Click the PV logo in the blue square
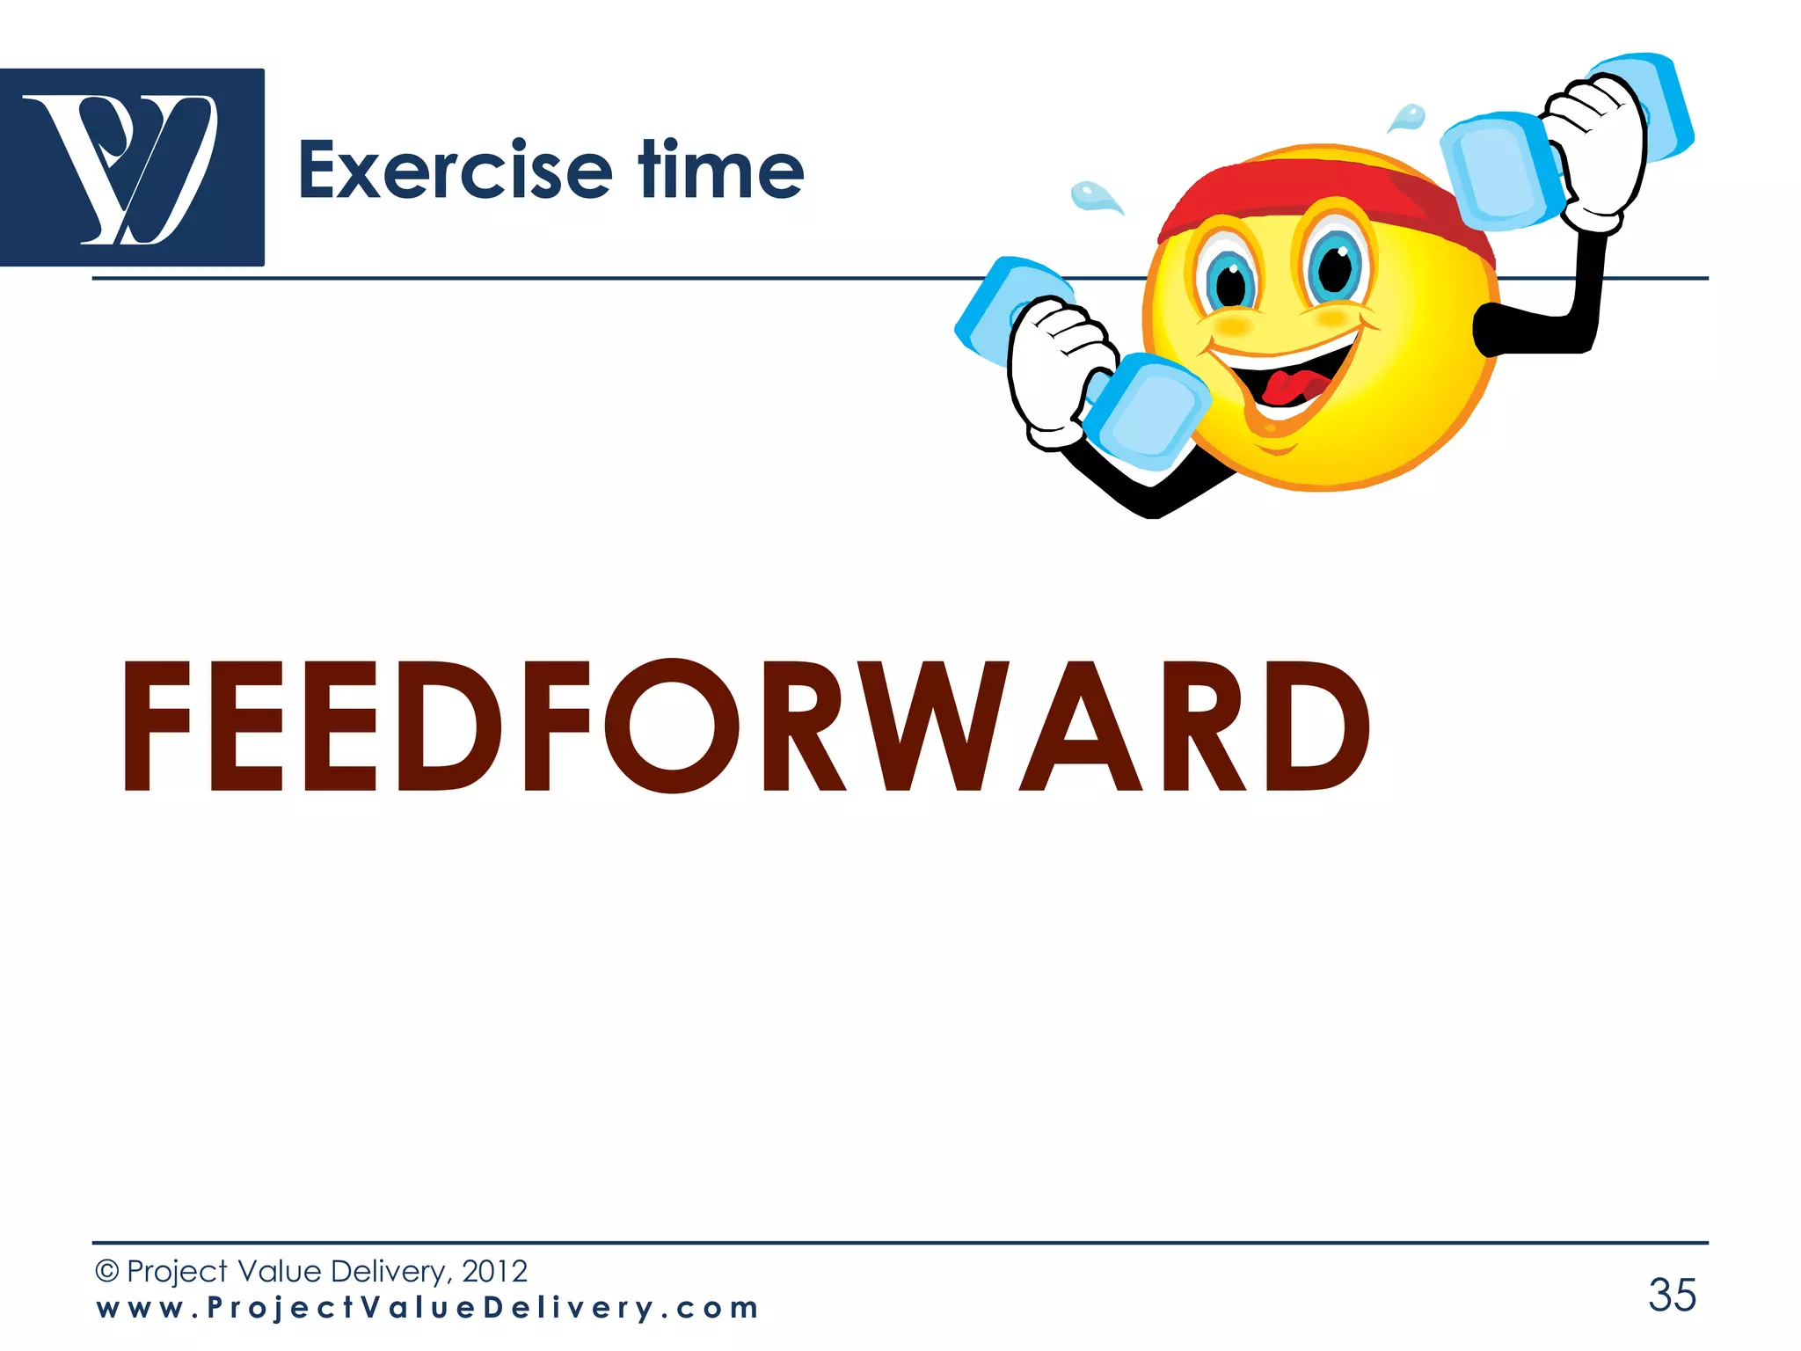pyautogui.click(x=132, y=167)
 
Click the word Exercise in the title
pyautogui.click(x=455, y=170)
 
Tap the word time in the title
pyautogui.click(x=721, y=170)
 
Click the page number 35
pyautogui.click(x=1672, y=1295)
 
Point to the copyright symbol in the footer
pyautogui.click(x=106, y=1271)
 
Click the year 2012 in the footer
pyautogui.click(x=494, y=1271)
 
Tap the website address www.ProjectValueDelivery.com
pyautogui.click(x=427, y=1308)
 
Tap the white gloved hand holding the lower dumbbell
pyautogui.click(x=1051, y=369)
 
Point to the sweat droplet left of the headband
pyautogui.click(x=1093, y=197)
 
